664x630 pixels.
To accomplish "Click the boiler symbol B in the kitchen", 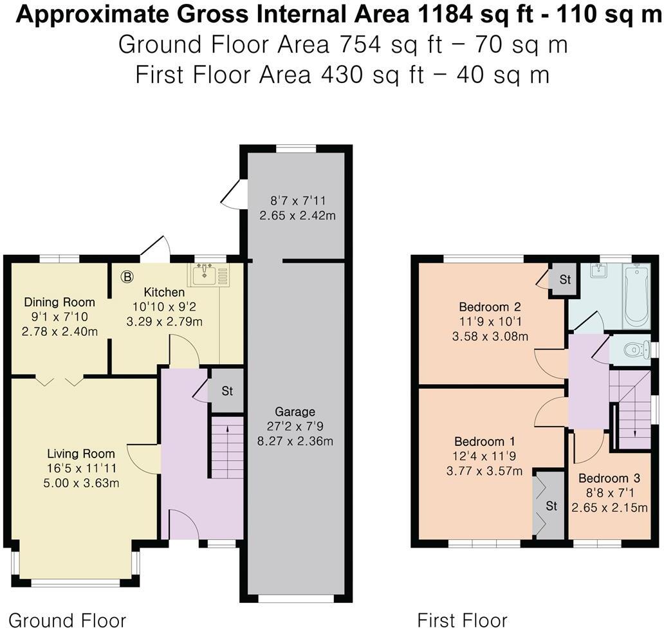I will click(127, 277).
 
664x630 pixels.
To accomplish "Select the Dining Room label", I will click(59, 302).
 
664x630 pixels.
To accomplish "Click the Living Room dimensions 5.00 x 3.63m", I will click(81, 483).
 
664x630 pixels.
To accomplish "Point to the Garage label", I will click(295, 412).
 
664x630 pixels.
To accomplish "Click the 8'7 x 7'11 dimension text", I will click(297, 200).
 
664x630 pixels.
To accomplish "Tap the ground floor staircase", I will click(227, 447).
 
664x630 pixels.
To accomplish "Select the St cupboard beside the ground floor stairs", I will click(227, 391).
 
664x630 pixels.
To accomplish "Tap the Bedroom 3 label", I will click(609, 478).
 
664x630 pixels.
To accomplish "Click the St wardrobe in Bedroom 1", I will click(550, 506).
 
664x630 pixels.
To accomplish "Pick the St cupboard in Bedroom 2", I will click(564, 279).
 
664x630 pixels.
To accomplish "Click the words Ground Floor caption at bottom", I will click(67, 620).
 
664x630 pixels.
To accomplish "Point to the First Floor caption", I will click(462, 620).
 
